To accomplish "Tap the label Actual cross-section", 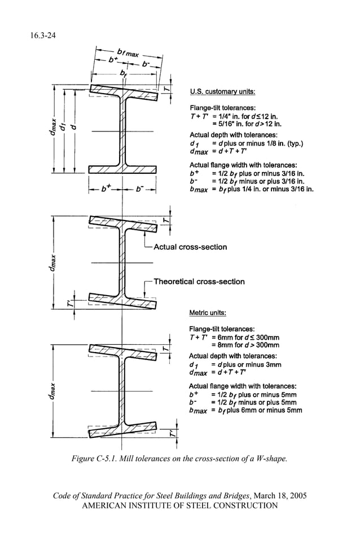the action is point(190,247).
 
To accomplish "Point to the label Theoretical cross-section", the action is point(199,282).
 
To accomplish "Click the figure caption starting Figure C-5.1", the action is point(179,458).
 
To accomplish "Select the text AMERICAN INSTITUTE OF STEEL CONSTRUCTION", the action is point(180,506).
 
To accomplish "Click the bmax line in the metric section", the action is point(245,411).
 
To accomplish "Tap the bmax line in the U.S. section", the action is point(251,190).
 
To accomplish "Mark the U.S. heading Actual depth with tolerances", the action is point(233,135).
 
